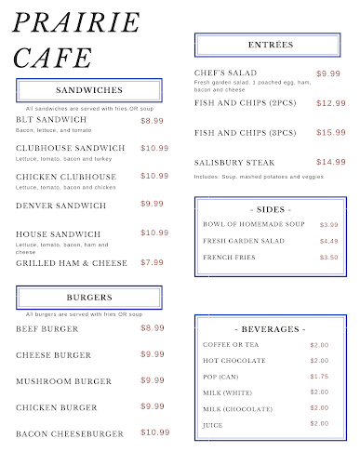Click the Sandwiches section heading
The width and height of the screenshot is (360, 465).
[x=89, y=90]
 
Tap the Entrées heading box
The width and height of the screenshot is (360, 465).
[x=271, y=45]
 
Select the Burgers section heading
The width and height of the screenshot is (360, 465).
[x=89, y=298]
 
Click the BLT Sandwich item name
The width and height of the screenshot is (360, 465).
[x=51, y=120]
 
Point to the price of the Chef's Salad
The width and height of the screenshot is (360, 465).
[x=328, y=73]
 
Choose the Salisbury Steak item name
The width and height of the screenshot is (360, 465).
[x=234, y=163]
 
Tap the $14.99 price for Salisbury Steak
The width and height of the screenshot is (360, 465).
[x=330, y=162]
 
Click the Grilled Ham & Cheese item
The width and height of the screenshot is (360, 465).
[x=72, y=263]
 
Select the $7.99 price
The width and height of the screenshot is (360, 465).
[x=153, y=262]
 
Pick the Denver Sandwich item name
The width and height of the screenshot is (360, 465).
[x=61, y=205]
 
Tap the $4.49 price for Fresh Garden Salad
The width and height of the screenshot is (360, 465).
[x=328, y=241]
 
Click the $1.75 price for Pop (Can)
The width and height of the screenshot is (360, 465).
[x=319, y=376]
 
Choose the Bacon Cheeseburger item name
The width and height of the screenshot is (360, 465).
[x=70, y=433]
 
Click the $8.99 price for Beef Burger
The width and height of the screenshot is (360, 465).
[x=153, y=327]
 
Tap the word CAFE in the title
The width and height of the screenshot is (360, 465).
[x=53, y=58]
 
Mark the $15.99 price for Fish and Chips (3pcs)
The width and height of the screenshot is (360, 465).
[x=330, y=132]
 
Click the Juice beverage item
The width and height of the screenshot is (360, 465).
[x=213, y=424]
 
